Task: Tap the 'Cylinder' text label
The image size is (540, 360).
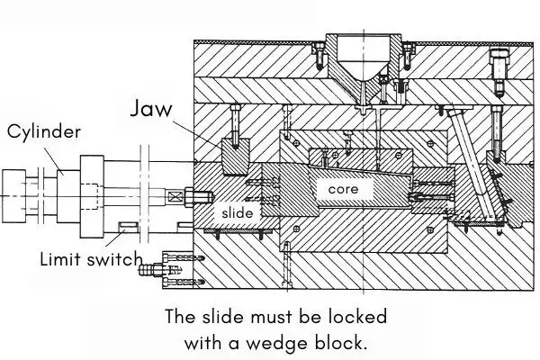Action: coord(44,131)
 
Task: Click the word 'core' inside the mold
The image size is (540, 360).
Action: coord(344,190)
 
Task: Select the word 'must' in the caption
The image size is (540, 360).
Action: coord(270,318)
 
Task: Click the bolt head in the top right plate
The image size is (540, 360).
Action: coord(499,64)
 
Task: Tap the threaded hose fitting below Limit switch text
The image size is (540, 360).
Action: coord(162,267)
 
